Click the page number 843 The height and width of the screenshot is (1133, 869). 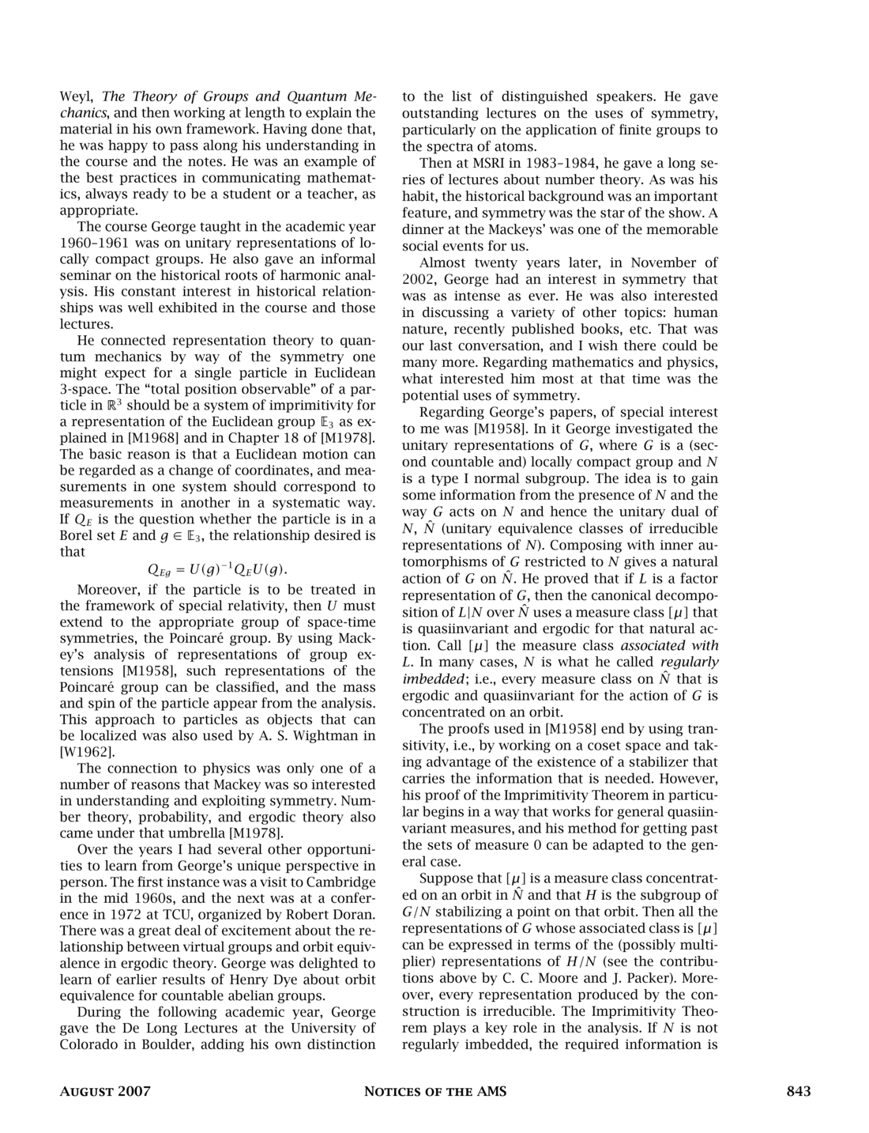(x=798, y=1092)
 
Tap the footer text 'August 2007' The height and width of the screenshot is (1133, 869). (x=105, y=1092)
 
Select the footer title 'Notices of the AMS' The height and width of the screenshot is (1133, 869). (x=434, y=1092)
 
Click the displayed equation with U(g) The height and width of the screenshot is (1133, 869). (x=218, y=569)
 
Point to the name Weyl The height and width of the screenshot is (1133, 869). (x=77, y=97)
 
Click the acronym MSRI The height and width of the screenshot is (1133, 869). (x=473, y=164)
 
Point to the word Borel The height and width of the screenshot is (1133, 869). (x=77, y=536)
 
